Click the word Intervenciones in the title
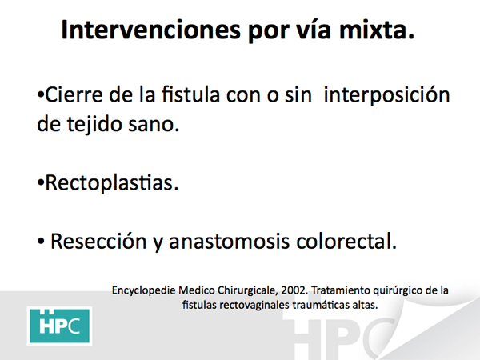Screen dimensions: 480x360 tap(150, 30)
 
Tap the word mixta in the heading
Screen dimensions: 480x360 tap(377, 30)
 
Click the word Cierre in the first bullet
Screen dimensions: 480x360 tap(74, 94)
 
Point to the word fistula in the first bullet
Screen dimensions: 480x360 tap(190, 94)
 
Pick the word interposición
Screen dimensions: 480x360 tap(386, 95)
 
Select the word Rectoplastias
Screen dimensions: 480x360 tap(112, 182)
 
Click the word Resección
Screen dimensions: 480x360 tap(98, 242)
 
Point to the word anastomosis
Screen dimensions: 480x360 tap(230, 242)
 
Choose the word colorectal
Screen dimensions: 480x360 tap(346, 241)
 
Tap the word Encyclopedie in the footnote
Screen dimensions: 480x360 tap(143, 291)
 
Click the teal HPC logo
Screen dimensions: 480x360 tap(59, 326)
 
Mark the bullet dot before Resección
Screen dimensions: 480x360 tap(41, 242)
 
